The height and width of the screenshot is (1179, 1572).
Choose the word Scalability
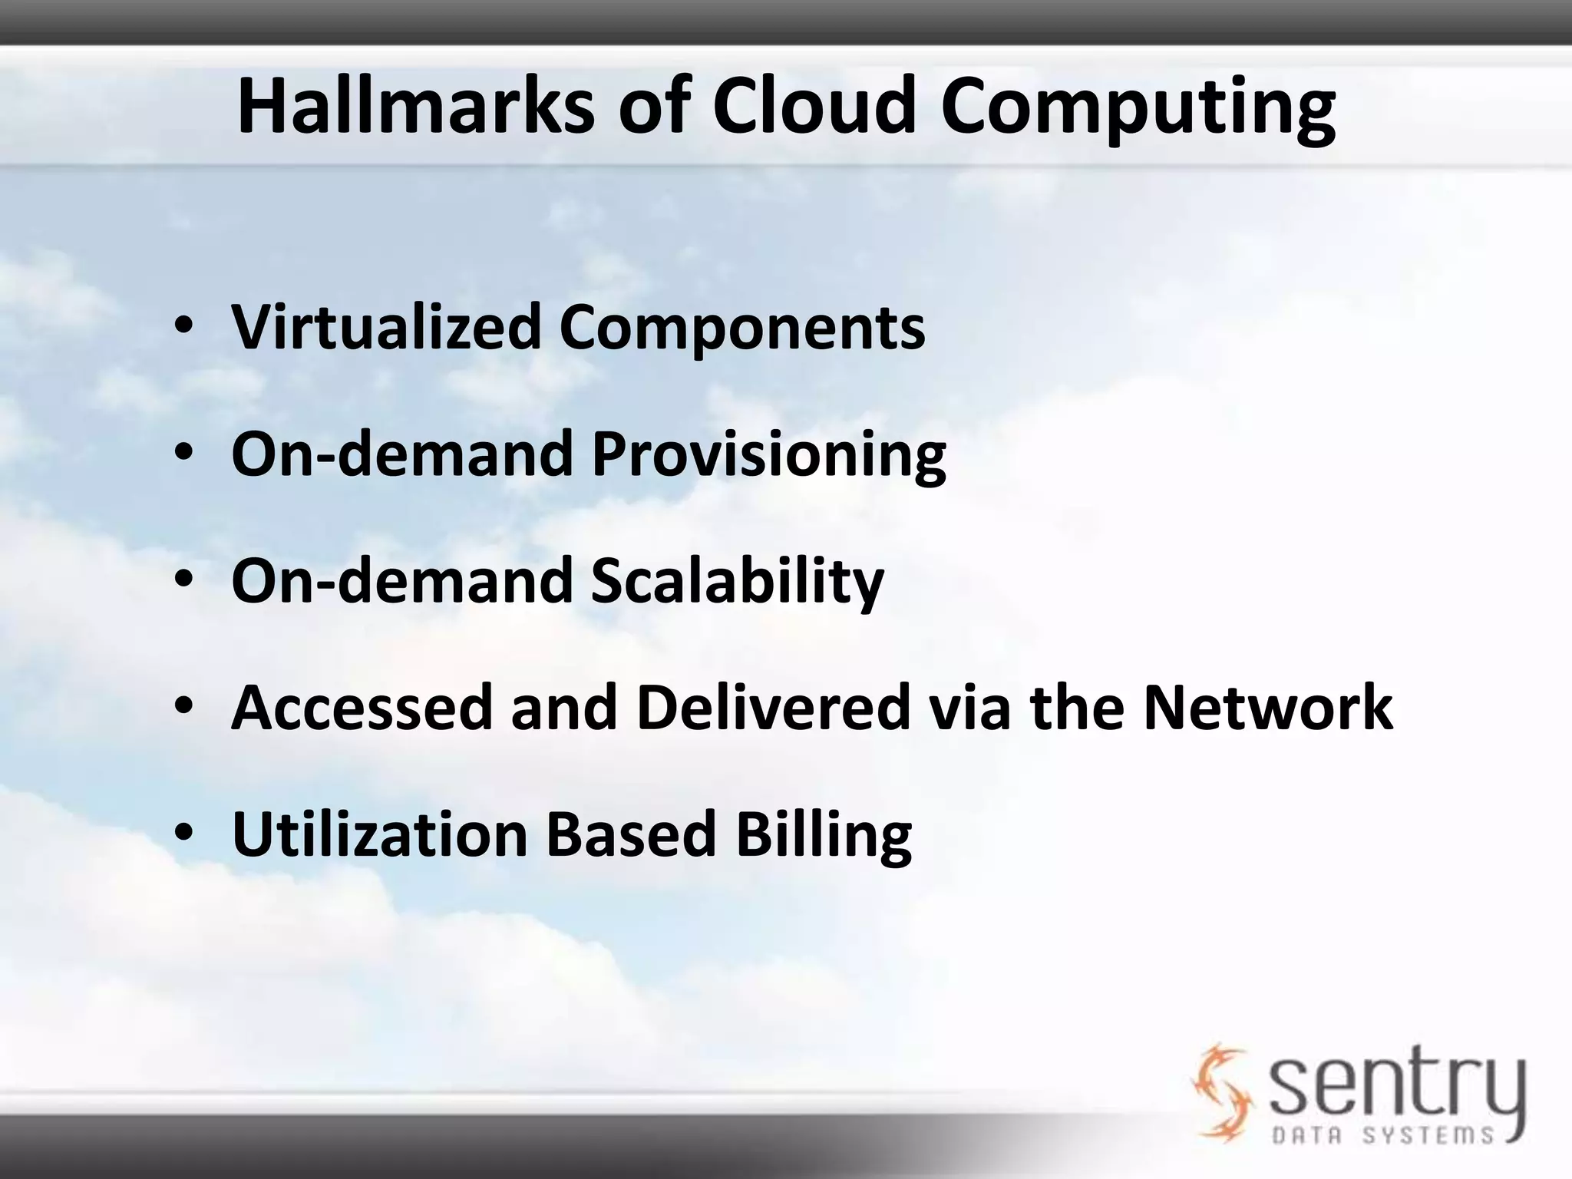(737, 581)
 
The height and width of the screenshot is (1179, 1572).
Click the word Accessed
(361, 707)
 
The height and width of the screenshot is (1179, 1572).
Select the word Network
(1267, 707)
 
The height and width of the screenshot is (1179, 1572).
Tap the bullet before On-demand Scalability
(183, 582)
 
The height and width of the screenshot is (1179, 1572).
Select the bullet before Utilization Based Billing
(183, 834)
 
